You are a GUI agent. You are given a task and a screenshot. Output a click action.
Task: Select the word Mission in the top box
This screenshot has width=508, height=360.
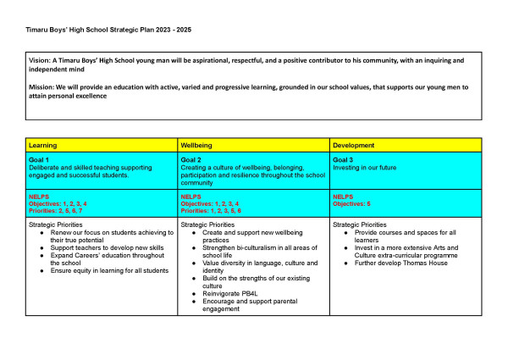click(x=43, y=87)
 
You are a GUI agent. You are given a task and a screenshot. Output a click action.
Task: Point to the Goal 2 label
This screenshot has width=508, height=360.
click(x=192, y=160)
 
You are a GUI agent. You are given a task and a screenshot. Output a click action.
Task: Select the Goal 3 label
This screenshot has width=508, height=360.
click(x=345, y=160)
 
